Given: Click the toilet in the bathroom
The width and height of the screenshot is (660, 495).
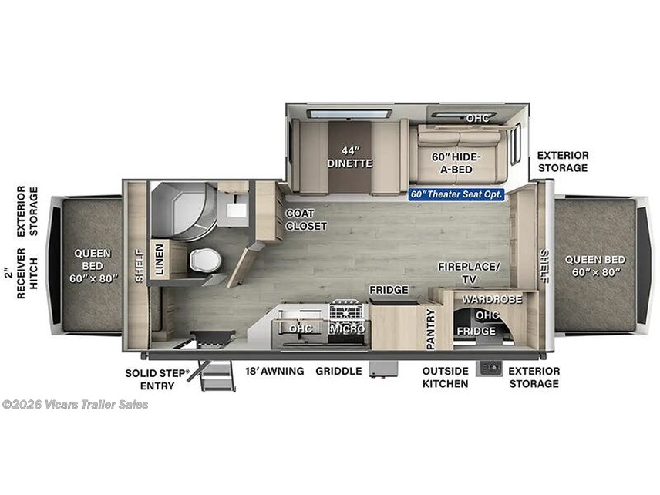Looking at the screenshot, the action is click(x=205, y=260).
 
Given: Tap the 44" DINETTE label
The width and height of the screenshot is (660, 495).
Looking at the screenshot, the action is click(x=350, y=157).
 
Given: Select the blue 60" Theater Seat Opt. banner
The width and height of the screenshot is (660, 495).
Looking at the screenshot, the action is click(x=456, y=194).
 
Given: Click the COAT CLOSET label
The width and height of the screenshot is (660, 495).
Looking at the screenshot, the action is click(x=306, y=220).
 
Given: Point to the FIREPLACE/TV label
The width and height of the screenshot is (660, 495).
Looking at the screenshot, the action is click(x=469, y=273).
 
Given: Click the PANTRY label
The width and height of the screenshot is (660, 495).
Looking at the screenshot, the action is click(x=430, y=329).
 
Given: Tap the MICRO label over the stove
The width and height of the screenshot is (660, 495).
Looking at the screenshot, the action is click(x=347, y=328).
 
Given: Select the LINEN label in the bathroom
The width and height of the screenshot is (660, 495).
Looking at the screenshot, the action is click(x=160, y=259).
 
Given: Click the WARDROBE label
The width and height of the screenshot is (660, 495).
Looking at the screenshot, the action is click(x=492, y=299).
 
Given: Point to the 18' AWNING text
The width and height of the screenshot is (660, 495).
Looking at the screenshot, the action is click(x=274, y=371).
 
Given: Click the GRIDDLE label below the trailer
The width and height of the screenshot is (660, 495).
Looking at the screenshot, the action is click(x=338, y=371).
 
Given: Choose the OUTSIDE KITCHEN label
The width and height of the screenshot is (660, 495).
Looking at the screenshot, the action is click(x=446, y=377).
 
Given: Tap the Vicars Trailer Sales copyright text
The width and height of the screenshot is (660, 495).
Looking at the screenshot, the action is click(x=76, y=405).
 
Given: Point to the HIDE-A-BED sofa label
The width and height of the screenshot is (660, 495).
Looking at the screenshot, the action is click(x=456, y=163).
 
